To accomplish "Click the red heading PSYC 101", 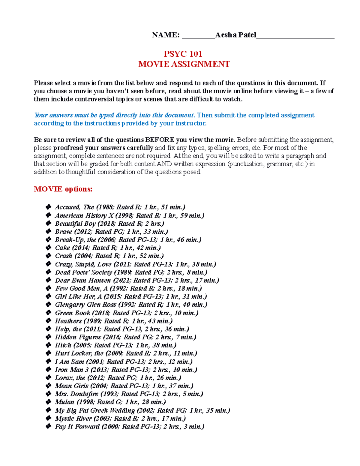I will [x=183, y=54].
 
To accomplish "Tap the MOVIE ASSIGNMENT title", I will [x=184, y=64].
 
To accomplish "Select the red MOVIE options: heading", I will [x=63, y=189].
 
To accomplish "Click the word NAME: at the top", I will [x=166, y=35].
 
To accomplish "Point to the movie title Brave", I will [x=64, y=232].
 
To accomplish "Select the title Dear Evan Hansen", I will [x=83, y=280].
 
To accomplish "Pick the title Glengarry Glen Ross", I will [x=85, y=305].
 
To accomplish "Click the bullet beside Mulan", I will [x=48, y=402].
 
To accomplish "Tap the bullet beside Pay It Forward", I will [x=48, y=426].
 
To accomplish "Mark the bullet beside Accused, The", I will [x=48, y=207].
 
